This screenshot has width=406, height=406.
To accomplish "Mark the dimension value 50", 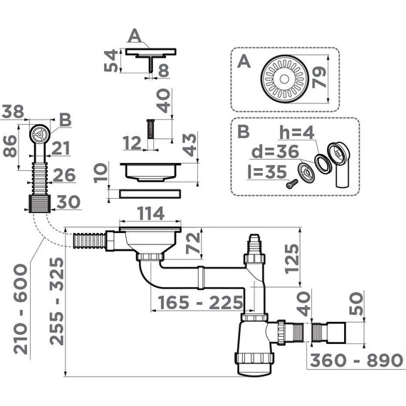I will point(358,308).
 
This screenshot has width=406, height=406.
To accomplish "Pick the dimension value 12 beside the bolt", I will point(132,142).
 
